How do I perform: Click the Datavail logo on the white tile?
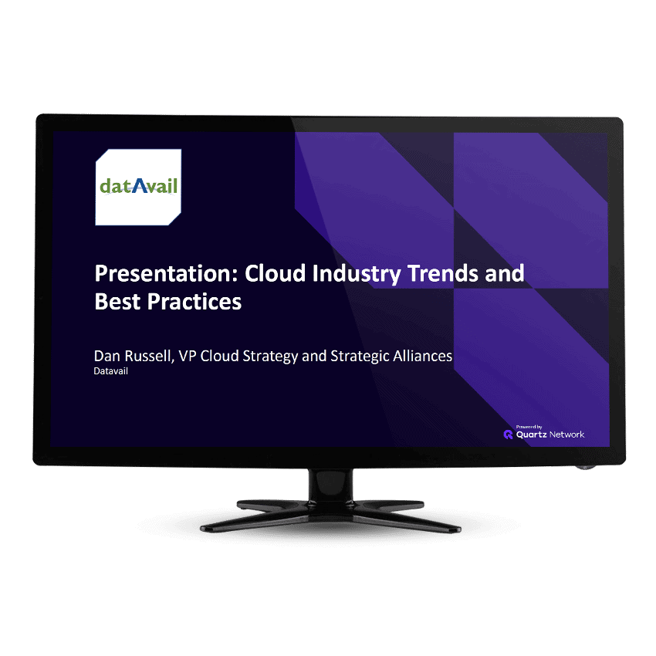tap(139, 187)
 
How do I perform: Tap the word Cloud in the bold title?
tap(282, 273)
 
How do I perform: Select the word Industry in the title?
tap(364, 273)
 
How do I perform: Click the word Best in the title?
tap(117, 302)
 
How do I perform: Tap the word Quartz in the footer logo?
tap(531, 435)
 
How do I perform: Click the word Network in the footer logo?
tap(567, 435)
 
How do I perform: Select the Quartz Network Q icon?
tap(509, 435)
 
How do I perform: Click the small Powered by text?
tap(529, 426)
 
